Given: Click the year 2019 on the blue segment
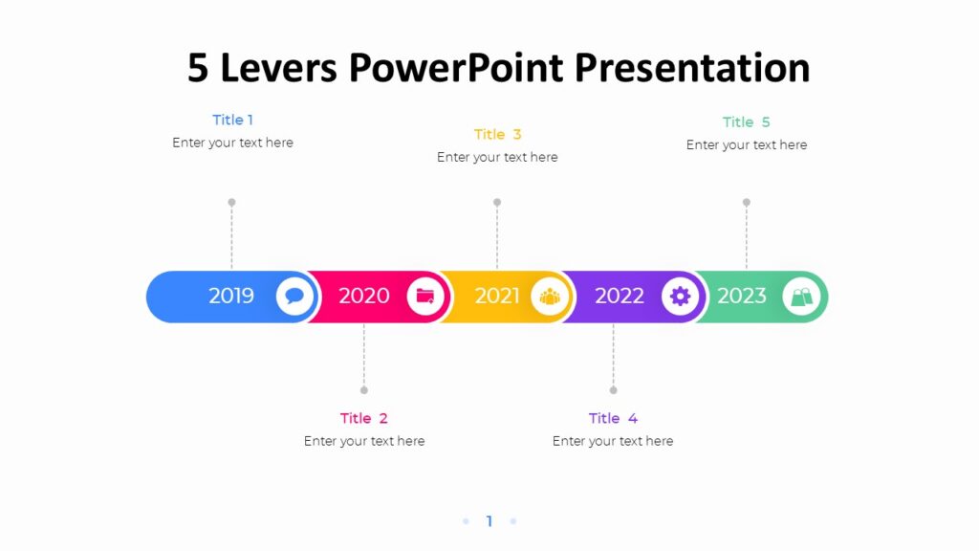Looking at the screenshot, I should (x=231, y=296).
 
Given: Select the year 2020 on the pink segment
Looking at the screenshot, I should (x=364, y=296).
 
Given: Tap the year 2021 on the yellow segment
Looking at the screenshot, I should (x=497, y=296).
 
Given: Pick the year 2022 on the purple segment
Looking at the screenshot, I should (x=620, y=296).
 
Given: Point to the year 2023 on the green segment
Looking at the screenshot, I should (x=742, y=296).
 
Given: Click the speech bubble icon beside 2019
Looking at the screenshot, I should (x=295, y=297).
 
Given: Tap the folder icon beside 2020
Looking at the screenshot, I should (x=425, y=297).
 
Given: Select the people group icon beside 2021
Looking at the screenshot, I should (x=550, y=297).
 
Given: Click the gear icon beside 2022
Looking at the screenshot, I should (x=680, y=297).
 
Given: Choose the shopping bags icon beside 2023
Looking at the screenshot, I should (x=801, y=297).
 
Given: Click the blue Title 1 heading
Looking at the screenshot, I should (x=232, y=120).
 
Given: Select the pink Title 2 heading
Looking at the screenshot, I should (x=364, y=418).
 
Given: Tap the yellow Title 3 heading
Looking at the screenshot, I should (x=497, y=134).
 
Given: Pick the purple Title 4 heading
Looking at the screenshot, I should (x=613, y=418).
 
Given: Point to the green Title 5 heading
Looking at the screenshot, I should (x=746, y=121).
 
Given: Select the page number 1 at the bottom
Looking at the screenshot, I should (x=489, y=521).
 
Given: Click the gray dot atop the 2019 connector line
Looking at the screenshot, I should (x=231, y=203).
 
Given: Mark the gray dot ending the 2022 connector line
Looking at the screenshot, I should (x=613, y=390).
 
